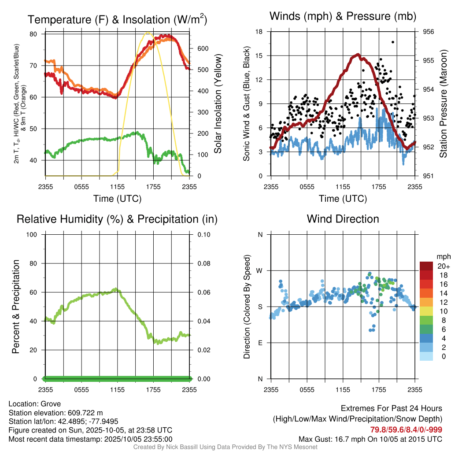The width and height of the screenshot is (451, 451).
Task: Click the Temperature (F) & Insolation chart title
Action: tap(117, 19)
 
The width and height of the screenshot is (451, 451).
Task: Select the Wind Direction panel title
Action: tap(343, 219)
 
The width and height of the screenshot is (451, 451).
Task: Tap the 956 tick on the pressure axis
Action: tap(428, 32)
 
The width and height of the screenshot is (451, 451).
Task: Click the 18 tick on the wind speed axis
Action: tap(259, 32)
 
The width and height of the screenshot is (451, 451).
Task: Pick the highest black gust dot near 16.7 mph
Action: tap(392, 42)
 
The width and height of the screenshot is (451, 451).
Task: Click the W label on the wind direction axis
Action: tap(260, 270)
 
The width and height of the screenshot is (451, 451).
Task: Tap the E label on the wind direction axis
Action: tap(260, 343)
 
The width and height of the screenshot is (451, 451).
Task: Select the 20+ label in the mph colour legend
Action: tap(443, 266)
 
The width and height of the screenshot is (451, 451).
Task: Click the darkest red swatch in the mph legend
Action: tap(426, 266)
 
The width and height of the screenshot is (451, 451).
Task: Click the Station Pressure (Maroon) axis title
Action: tap(444, 104)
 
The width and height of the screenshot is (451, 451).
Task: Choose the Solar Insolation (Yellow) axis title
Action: tap(218, 104)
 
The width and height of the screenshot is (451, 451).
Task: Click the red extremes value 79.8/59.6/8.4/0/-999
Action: tap(406, 430)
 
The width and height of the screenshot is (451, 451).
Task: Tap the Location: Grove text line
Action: tap(35, 404)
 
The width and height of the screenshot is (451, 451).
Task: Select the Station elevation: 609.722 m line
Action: tap(55, 413)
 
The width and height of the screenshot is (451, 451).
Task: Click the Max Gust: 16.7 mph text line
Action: tap(370, 439)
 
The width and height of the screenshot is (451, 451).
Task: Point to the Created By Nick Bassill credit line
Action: tap(225, 447)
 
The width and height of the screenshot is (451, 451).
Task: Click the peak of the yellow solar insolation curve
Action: tap(148, 33)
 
